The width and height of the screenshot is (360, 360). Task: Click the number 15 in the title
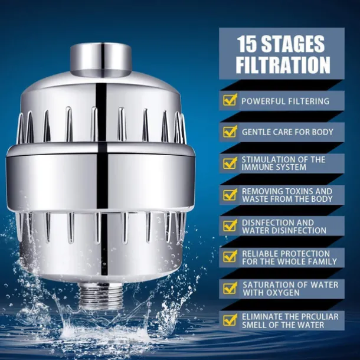246,44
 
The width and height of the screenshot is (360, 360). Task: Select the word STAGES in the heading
293,44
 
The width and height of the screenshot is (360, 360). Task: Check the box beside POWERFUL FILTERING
230,100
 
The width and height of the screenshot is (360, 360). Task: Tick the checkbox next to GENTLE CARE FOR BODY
230,131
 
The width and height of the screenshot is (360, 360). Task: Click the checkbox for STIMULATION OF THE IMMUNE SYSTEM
230,163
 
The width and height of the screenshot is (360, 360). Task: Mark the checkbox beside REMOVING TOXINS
230,194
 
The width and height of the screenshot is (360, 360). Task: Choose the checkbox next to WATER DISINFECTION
230,225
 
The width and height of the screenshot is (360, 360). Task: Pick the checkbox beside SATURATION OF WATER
230,288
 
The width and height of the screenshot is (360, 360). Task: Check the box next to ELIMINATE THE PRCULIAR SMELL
230,320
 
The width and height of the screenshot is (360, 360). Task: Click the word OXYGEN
280,293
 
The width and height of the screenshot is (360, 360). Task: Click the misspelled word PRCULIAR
318,317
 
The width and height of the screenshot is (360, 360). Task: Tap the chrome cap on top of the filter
101,59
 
